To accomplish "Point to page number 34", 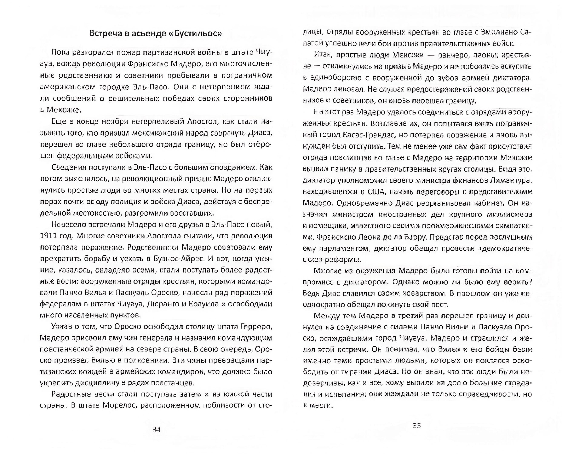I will coord(156,430).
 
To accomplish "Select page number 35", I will coord(417,426).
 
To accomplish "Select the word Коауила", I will coord(201,304).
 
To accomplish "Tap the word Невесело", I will coord(69,225).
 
